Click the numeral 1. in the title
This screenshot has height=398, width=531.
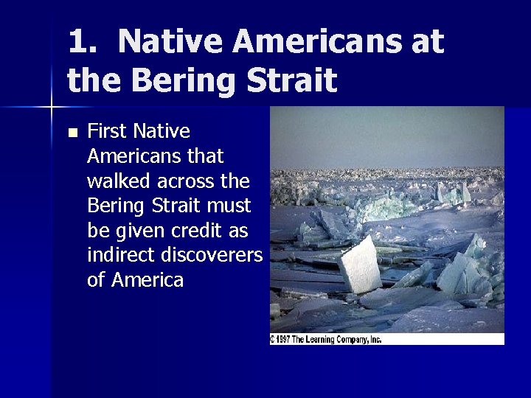(x=82, y=42)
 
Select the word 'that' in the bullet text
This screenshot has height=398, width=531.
(x=206, y=156)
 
